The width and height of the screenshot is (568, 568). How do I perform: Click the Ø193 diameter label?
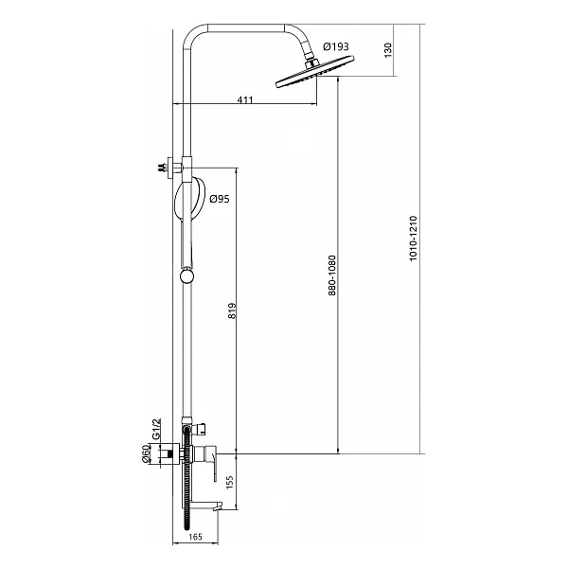[336, 46]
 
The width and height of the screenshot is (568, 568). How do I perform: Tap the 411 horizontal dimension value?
[245, 99]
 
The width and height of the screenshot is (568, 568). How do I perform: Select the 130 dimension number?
[387, 50]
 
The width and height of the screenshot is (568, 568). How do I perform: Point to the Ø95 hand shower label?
[220, 199]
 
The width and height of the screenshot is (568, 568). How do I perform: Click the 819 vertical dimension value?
[232, 311]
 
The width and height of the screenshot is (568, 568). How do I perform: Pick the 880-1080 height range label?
[332, 275]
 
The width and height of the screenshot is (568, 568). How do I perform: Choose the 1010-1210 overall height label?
[414, 239]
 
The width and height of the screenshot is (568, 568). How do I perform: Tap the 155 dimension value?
[230, 483]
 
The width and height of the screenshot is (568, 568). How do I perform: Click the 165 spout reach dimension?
[195, 537]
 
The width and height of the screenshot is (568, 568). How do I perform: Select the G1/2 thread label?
[156, 429]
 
